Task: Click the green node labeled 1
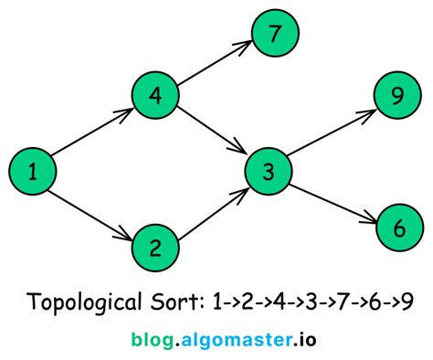[33, 171]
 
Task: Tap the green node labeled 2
[154, 247]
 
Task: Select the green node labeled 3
[269, 171]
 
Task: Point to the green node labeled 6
[397, 228]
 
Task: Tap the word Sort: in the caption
[177, 302]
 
